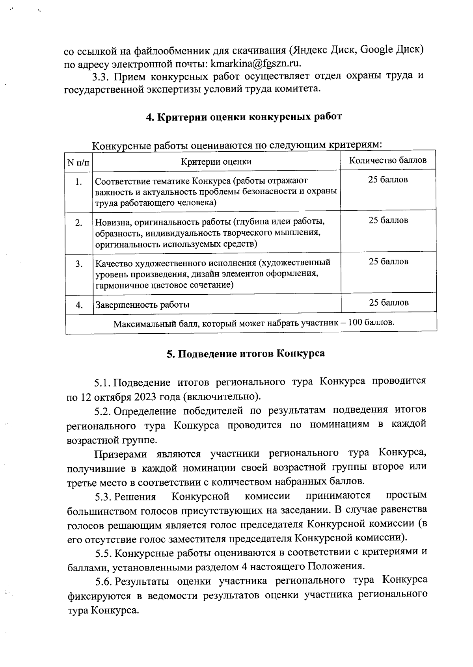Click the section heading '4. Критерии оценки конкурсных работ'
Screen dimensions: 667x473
point(244,117)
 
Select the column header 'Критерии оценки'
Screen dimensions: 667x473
point(216,162)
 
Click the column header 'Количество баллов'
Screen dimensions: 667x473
point(388,160)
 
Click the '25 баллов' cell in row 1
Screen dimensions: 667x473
point(388,180)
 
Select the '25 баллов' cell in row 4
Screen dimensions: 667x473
point(389,303)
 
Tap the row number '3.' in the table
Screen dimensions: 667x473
point(79,264)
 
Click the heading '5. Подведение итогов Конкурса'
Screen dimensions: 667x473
point(246,353)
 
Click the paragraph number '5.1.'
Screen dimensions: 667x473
point(102,383)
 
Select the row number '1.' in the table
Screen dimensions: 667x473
point(79,182)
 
